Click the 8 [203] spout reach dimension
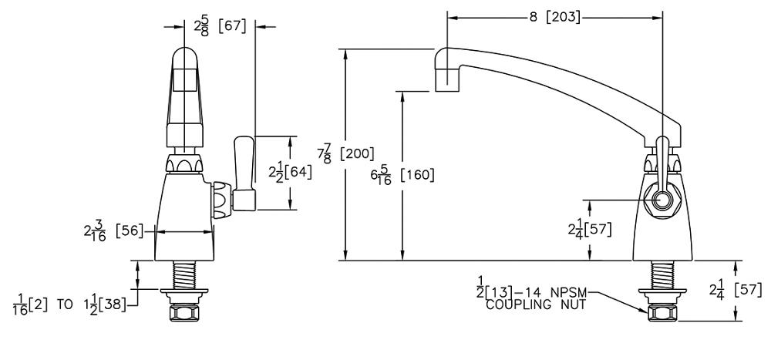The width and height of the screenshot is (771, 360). (x=554, y=17)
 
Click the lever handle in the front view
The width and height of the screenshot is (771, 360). (x=244, y=173)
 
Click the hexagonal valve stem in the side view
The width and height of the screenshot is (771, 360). (x=662, y=199)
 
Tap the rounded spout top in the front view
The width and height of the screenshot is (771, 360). (x=184, y=59)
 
